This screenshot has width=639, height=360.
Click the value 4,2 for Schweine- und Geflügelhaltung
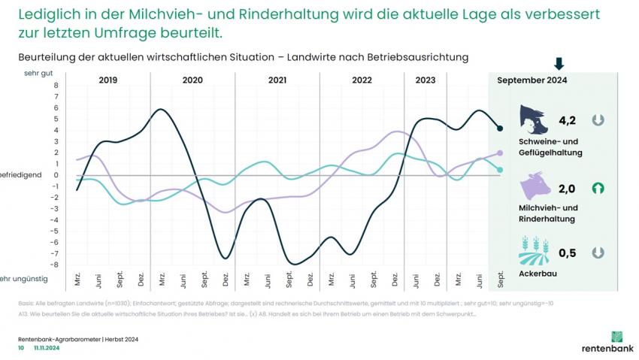pyautogui.click(x=567, y=119)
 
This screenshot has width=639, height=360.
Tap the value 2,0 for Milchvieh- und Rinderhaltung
pyautogui.click(x=567, y=188)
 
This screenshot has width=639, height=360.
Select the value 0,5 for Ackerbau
pyautogui.click(x=567, y=253)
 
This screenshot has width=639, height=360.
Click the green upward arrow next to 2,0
pyautogui.click(x=598, y=188)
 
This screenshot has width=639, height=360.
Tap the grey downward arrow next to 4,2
pyautogui.click(x=598, y=119)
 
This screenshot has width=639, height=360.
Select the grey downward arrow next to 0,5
pyautogui.click(x=598, y=253)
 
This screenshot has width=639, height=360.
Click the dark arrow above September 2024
pyautogui.click(x=559, y=64)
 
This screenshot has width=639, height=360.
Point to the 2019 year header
pyautogui.click(x=108, y=80)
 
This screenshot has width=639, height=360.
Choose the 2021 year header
pyautogui.click(x=277, y=80)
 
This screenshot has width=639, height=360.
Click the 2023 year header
pyautogui.click(x=425, y=80)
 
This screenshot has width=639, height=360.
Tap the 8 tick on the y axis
pyautogui.click(x=55, y=86)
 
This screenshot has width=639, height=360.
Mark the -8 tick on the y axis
pyautogui.click(x=53, y=265)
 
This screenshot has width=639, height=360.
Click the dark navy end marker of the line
pyautogui.click(x=500, y=129)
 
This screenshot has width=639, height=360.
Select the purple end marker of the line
pyautogui.click(x=500, y=153)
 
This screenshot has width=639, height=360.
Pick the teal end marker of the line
pyautogui.click(x=500, y=170)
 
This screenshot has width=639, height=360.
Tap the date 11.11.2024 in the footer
pyautogui.click(x=47, y=349)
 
